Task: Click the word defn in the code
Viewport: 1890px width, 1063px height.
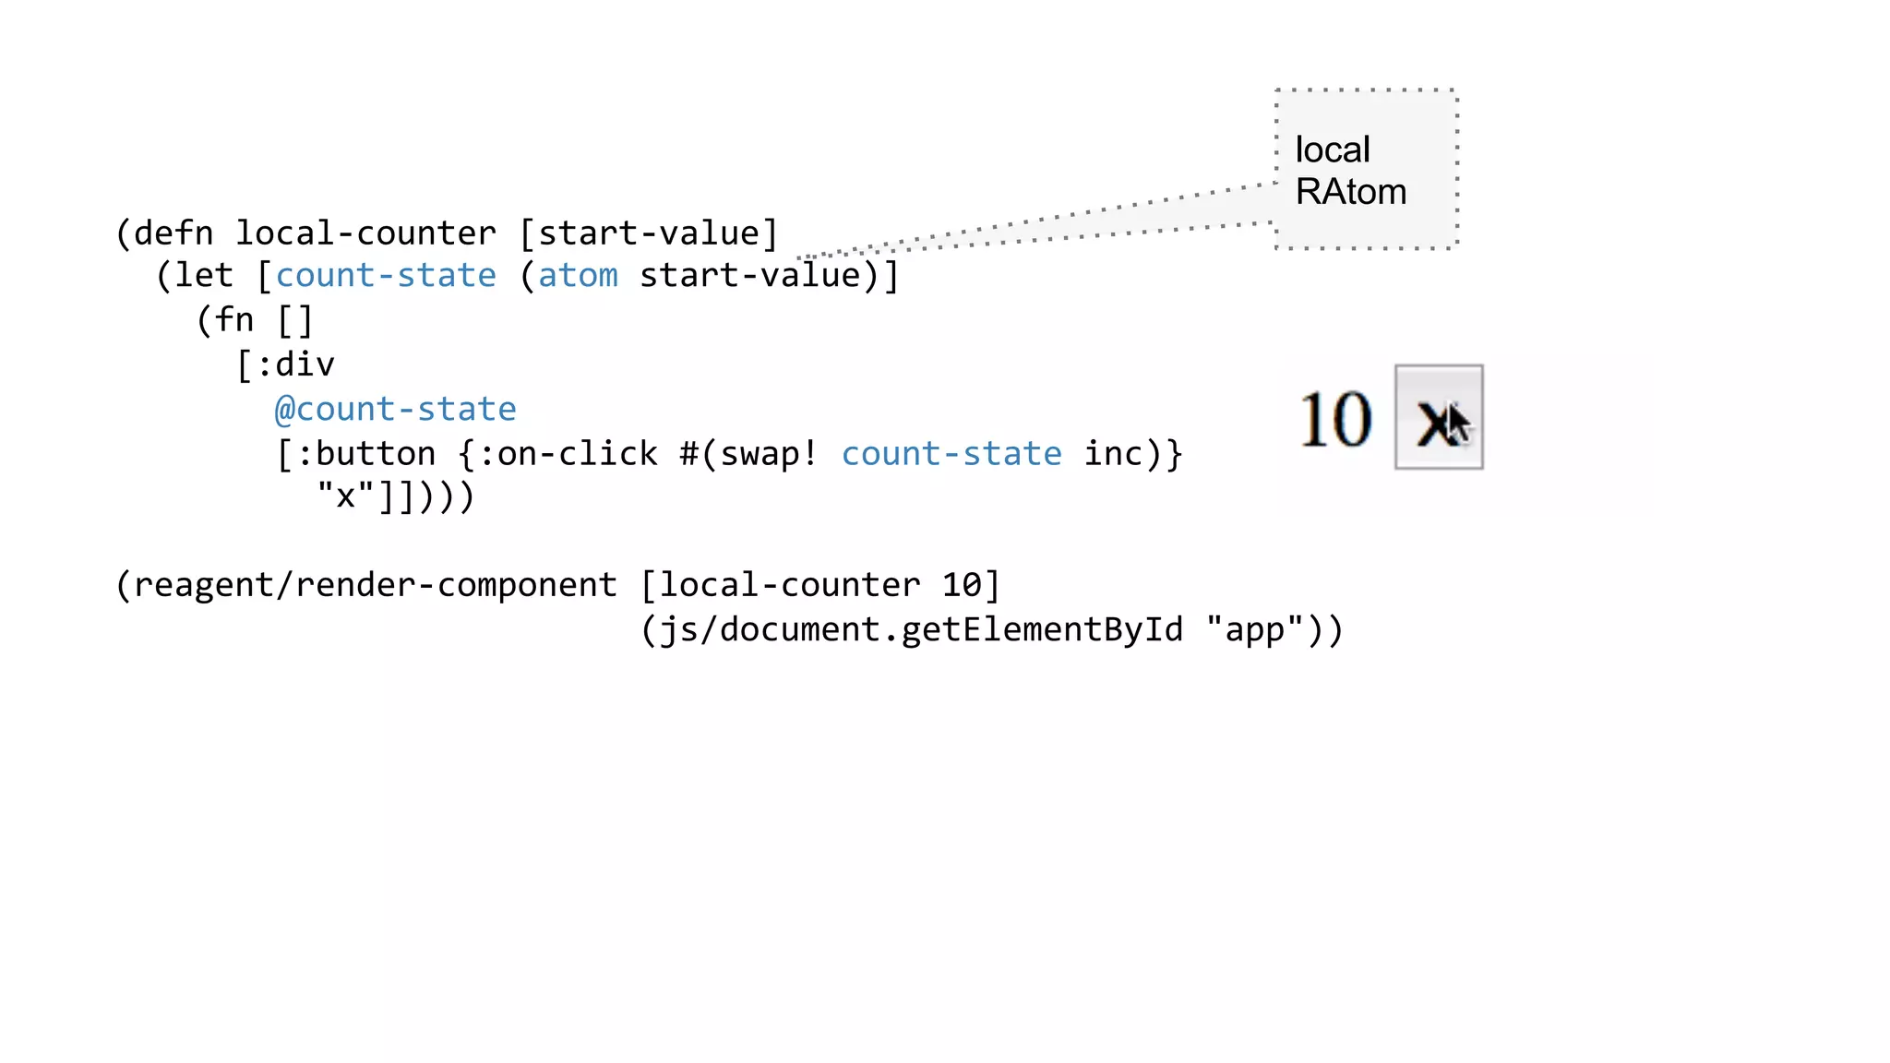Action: [x=173, y=233]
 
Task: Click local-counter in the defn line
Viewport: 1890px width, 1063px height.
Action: [x=365, y=233]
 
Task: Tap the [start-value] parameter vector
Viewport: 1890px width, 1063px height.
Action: [x=649, y=233]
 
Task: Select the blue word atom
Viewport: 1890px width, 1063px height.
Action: [x=578, y=276]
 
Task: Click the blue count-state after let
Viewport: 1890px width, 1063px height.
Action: [x=386, y=276]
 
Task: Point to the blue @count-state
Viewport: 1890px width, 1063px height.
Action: [x=396, y=409]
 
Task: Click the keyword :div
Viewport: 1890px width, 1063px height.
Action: [x=294, y=364]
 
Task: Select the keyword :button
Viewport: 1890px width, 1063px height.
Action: [x=365, y=454]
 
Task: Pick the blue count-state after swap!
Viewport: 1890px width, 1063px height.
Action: [x=951, y=454]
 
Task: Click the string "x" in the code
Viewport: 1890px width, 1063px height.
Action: [x=346, y=496]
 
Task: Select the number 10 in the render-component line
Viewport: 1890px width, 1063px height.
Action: [x=962, y=585]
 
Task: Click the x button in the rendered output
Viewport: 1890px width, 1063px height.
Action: [x=1438, y=417]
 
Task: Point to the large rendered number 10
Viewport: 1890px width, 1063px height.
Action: [x=1334, y=420]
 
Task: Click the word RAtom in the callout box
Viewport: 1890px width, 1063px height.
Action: [x=1350, y=192]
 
